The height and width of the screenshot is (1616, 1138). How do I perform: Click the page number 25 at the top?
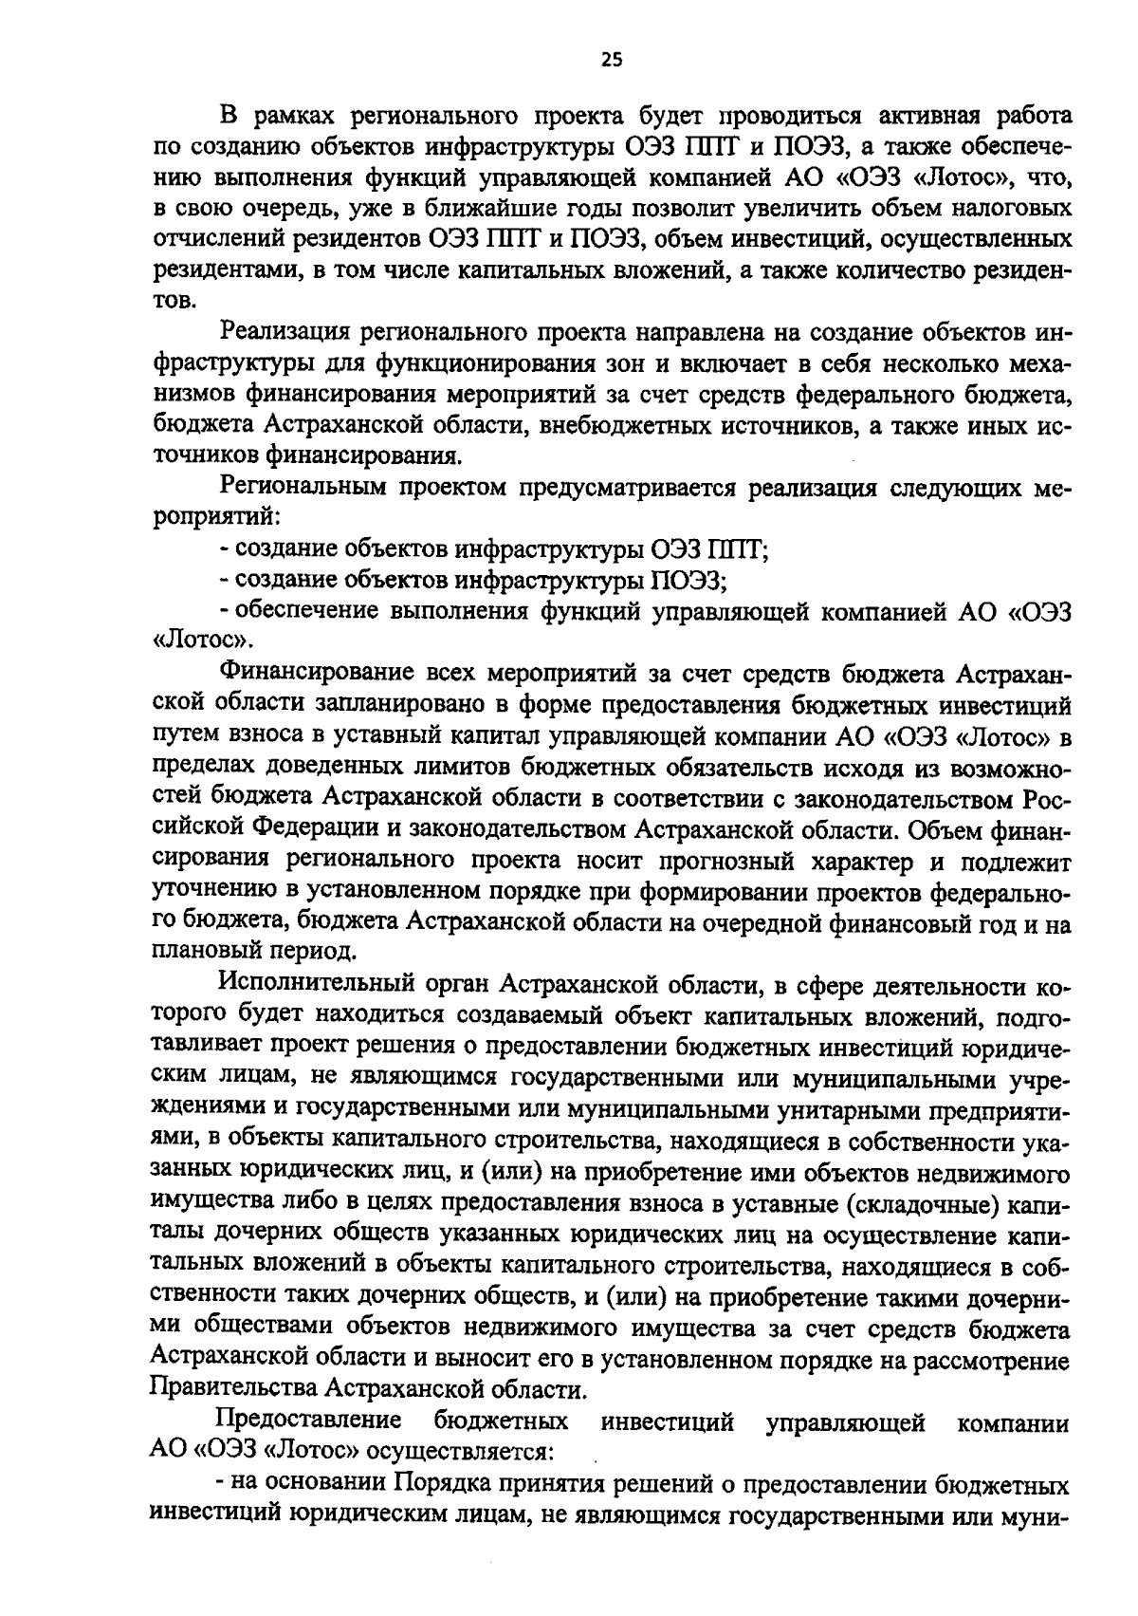[611, 61]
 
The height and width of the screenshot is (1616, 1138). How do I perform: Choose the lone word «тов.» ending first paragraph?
[174, 302]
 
